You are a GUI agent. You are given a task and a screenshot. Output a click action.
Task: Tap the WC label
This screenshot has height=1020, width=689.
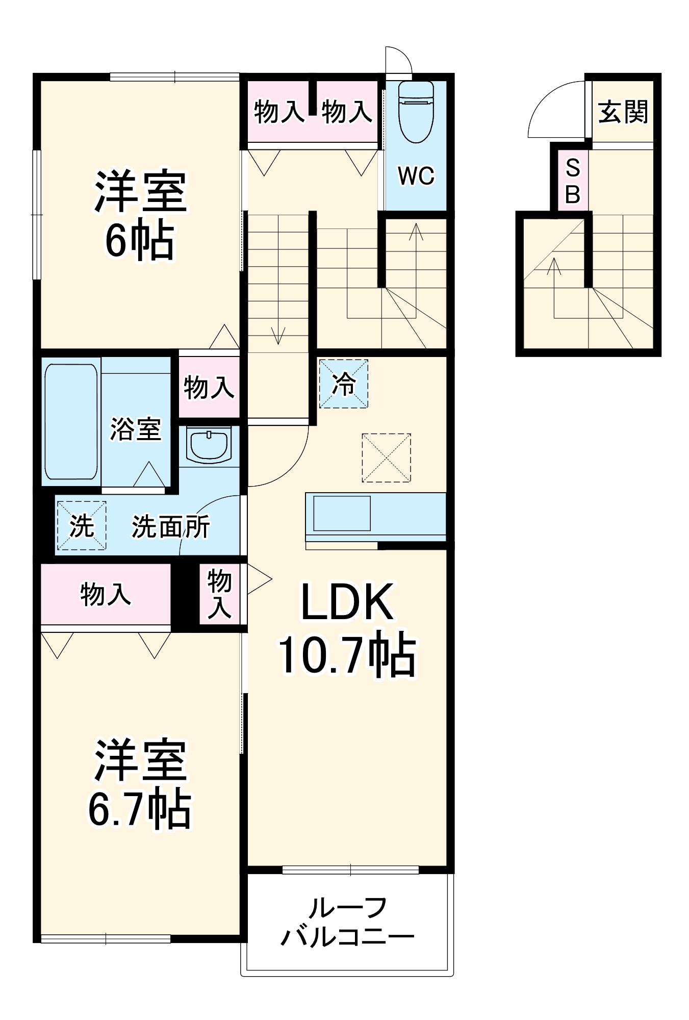(416, 176)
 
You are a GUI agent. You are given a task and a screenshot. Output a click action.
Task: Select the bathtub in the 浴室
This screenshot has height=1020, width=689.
(71, 422)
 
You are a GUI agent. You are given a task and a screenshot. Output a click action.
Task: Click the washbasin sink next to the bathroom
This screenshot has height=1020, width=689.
(209, 444)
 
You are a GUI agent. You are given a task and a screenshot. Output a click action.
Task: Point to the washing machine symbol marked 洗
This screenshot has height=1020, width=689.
(82, 526)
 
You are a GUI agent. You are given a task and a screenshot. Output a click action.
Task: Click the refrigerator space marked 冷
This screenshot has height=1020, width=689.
(343, 384)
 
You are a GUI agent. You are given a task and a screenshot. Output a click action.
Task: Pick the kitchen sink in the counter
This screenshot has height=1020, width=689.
(342, 513)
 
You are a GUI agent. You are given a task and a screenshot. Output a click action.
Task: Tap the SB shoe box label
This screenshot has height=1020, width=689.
(572, 181)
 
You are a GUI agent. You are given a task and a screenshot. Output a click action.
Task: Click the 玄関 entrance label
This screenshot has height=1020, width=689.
(623, 112)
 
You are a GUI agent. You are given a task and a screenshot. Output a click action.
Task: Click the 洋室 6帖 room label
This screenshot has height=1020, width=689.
(140, 214)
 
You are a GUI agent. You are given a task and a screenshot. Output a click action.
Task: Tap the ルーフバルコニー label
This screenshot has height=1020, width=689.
(347, 923)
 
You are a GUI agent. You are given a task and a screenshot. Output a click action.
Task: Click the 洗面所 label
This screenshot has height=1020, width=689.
(170, 527)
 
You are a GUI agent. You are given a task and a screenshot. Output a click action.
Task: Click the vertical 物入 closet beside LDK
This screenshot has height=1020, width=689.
(219, 594)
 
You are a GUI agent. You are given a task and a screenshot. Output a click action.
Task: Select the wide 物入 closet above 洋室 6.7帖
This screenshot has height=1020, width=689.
(106, 594)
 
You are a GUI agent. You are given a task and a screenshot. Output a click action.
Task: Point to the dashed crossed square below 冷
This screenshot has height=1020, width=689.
(386, 458)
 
